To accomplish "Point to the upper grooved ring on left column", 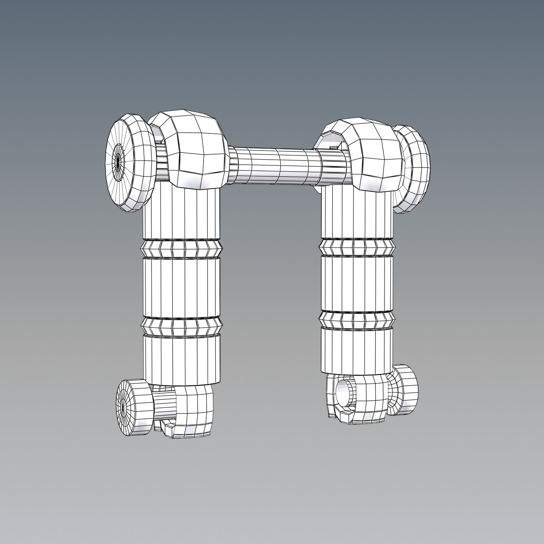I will point(181,248).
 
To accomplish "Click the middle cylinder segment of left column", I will point(181,287).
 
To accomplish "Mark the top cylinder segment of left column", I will point(181,215).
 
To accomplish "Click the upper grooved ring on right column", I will point(356,247).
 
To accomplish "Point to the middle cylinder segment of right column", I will point(356,283).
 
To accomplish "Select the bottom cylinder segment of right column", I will point(356,349).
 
